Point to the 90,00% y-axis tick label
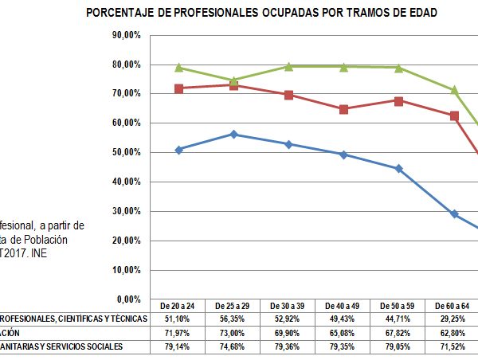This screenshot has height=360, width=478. pyautogui.click(x=127, y=35)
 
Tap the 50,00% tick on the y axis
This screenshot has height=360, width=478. pyautogui.click(x=127, y=152)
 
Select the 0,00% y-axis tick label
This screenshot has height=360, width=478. pyautogui.click(x=129, y=299)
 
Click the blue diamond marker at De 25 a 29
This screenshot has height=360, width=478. pyautogui.click(x=233, y=135)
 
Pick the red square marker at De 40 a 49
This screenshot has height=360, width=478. pyautogui.click(x=343, y=109)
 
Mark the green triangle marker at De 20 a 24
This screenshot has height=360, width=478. pyautogui.click(x=178, y=68)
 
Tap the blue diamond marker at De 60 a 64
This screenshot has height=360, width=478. pyautogui.click(x=454, y=214)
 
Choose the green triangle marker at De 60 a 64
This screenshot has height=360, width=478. pyautogui.click(x=454, y=90)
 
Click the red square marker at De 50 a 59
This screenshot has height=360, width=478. pyautogui.click(x=398, y=101)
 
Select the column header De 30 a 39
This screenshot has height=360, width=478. pyautogui.click(x=288, y=306)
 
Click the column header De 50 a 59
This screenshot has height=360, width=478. pyautogui.click(x=398, y=306)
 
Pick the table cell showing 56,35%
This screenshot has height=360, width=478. pyautogui.click(x=233, y=319)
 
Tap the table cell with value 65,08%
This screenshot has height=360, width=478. pyautogui.click(x=343, y=333)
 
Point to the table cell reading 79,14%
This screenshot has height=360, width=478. pyautogui.click(x=178, y=346)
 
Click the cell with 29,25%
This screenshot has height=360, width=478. pyautogui.click(x=454, y=319)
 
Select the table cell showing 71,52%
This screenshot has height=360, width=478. pyautogui.click(x=454, y=346)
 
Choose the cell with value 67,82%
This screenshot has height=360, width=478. pyautogui.click(x=398, y=333)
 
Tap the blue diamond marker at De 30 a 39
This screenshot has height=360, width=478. pyautogui.click(x=288, y=144)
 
